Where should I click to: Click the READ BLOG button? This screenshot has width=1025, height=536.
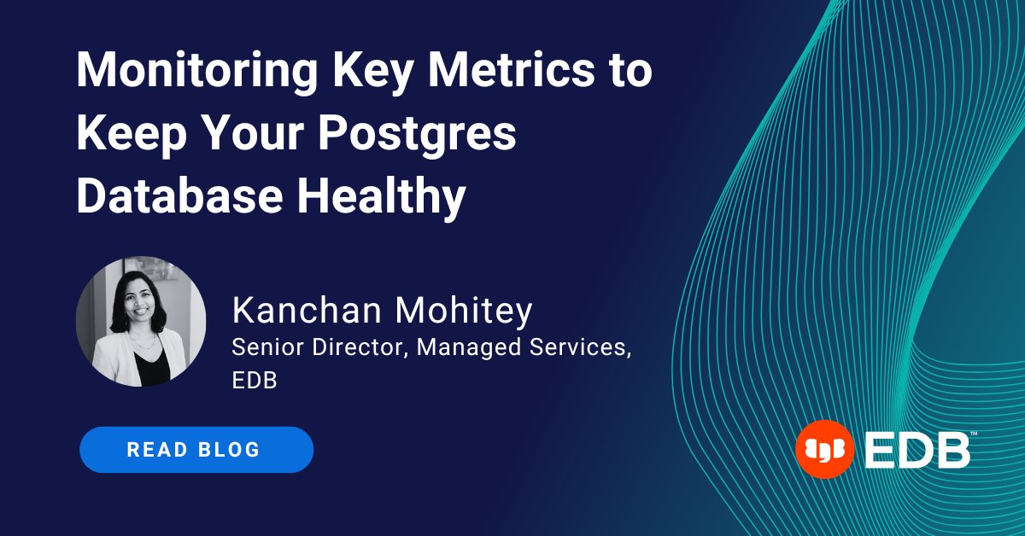196,450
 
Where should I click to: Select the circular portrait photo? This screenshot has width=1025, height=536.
141,322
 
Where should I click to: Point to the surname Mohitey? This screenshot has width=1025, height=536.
455,312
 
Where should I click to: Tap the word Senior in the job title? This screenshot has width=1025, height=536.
262,348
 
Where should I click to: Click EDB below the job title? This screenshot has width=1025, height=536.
255,380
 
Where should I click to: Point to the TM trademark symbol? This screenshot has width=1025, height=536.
974,434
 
